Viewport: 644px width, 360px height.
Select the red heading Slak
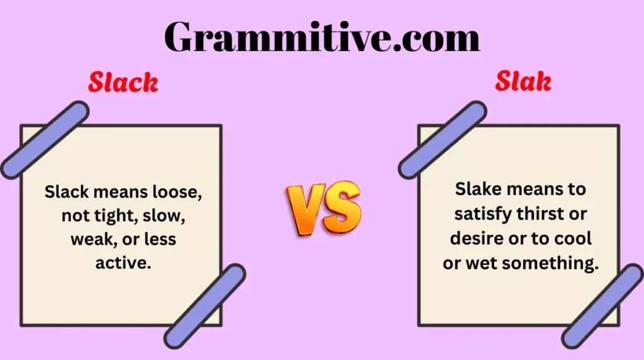point(523,81)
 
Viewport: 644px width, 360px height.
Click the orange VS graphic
point(323,208)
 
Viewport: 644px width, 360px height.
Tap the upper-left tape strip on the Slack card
point(45,140)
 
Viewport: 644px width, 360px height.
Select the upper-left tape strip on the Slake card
point(442,140)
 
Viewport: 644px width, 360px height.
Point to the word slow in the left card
point(166,216)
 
